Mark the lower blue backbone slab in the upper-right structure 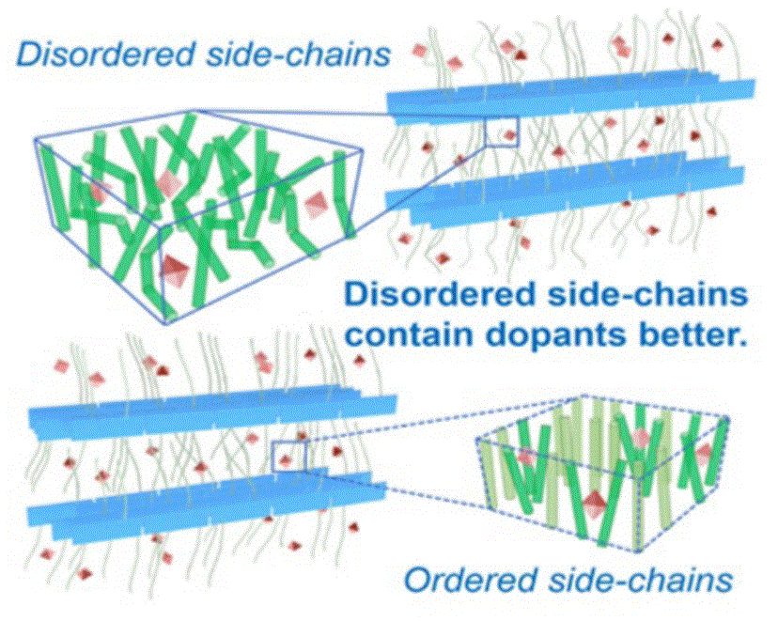(564, 194)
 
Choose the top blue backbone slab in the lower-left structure (207, 411)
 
